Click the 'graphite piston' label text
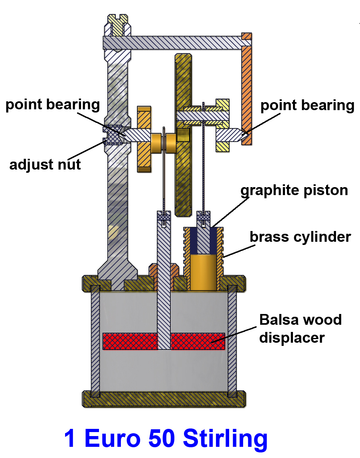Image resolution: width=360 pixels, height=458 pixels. pyautogui.click(x=294, y=190)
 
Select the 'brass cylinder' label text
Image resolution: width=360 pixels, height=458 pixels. pyautogui.click(x=300, y=237)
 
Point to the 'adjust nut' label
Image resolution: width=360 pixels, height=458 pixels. pyautogui.click(x=45, y=164)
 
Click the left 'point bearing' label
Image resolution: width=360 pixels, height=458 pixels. pyautogui.click(x=52, y=105)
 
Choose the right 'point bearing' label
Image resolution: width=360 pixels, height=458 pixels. pyautogui.click(x=307, y=106)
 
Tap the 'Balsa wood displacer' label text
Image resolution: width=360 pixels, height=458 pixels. pyautogui.click(x=300, y=328)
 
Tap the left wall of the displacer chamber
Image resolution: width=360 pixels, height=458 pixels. pyautogui.click(x=95, y=339)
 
